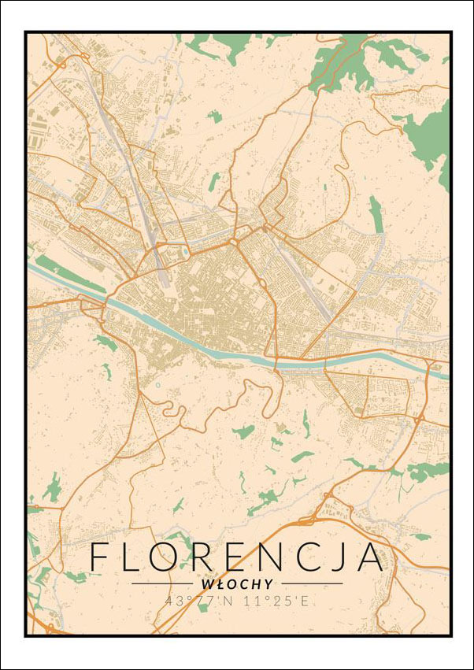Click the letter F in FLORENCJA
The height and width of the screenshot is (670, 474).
coord(101,557)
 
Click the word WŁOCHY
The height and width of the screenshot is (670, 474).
coord(237,584)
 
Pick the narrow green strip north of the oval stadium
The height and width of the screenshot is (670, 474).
coord(376,214)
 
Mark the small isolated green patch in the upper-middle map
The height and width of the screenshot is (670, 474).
coord(215,117)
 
